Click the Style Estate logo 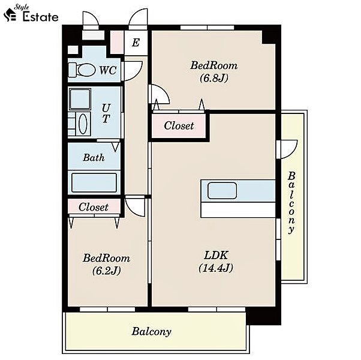pos(31,14)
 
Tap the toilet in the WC pos(82,70)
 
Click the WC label pos(108,70)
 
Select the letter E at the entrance pos(136,43)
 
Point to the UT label pos(106,113)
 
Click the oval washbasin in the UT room pos(83,124)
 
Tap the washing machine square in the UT pos(80,99)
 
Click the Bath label pos(94,158)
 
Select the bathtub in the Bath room pos(94,182)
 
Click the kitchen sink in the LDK pos(222,190)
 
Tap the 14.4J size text pos(216,268)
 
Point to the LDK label pos(216,255)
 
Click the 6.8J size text pos(214,78)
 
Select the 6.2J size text pos(106,271)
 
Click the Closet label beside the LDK pos(179,126)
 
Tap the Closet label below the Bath pos(94,207)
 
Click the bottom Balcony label pos(152,332)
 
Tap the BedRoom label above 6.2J pos(106,258)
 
